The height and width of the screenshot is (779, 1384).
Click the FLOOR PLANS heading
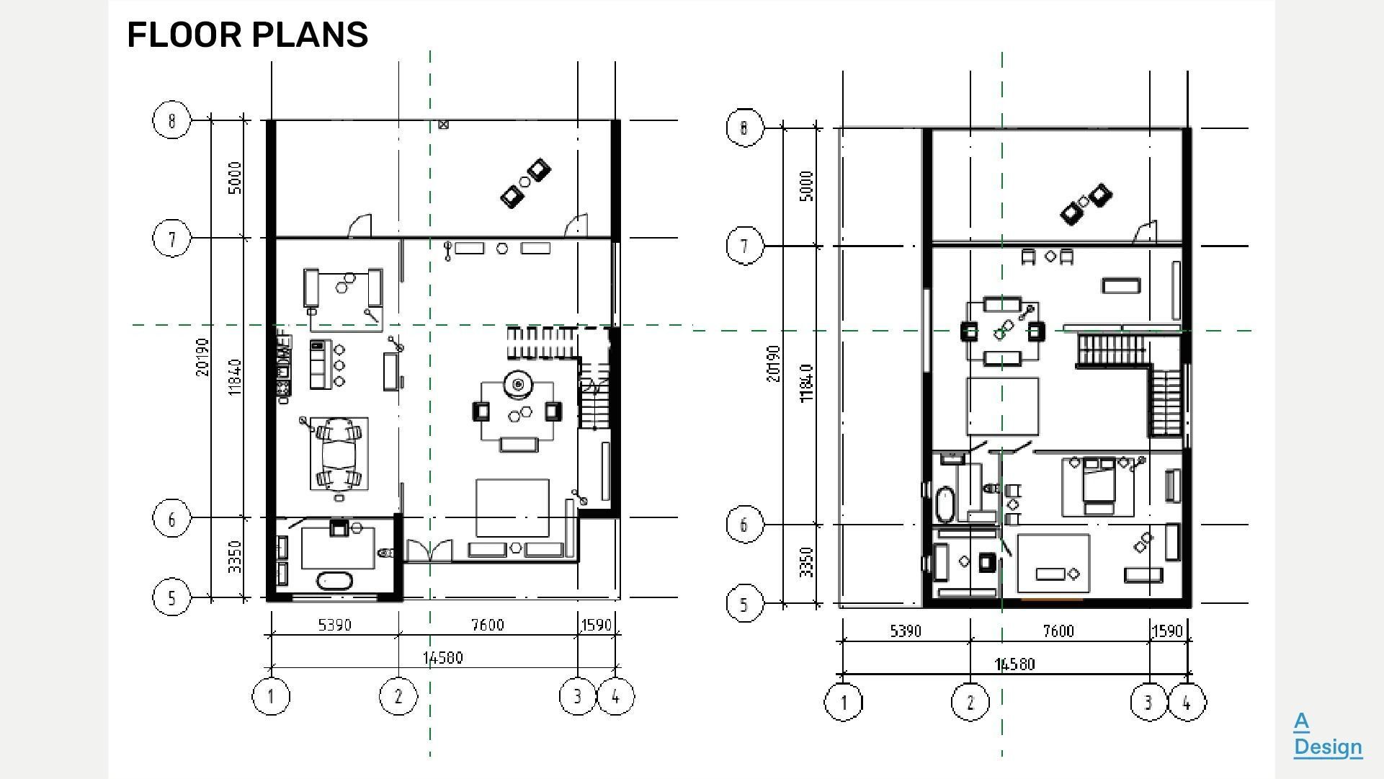(x=247, y=35)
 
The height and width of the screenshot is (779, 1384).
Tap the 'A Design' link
(x=1327, y=734)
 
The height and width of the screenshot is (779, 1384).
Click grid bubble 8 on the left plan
(x=171, y=120)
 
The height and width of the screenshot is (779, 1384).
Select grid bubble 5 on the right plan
(x=744, y=604)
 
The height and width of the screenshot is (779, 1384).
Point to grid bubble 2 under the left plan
(x=398, y=696)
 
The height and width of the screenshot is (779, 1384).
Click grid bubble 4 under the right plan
(x=1187, y=702)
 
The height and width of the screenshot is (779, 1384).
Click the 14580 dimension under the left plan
(x=443, y=658)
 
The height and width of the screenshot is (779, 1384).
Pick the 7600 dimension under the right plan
(x=1058, y=631)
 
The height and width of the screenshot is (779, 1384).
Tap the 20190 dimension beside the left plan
(x=202, y=357)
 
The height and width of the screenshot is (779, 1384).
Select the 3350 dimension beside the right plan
(x=807, y=562)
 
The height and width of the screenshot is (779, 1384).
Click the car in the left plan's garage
(x=339, y=454)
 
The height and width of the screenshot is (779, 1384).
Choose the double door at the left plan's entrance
(x=430, y=551)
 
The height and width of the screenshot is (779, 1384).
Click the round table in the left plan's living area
(x=517, y=385)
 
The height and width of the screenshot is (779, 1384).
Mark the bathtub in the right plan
(x=945, y=504)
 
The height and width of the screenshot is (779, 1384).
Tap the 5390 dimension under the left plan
(x=334, y=625)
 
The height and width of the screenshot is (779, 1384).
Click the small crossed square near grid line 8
(x=443, y=125)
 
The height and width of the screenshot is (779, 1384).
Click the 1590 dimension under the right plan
(x=1167, y=631)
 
